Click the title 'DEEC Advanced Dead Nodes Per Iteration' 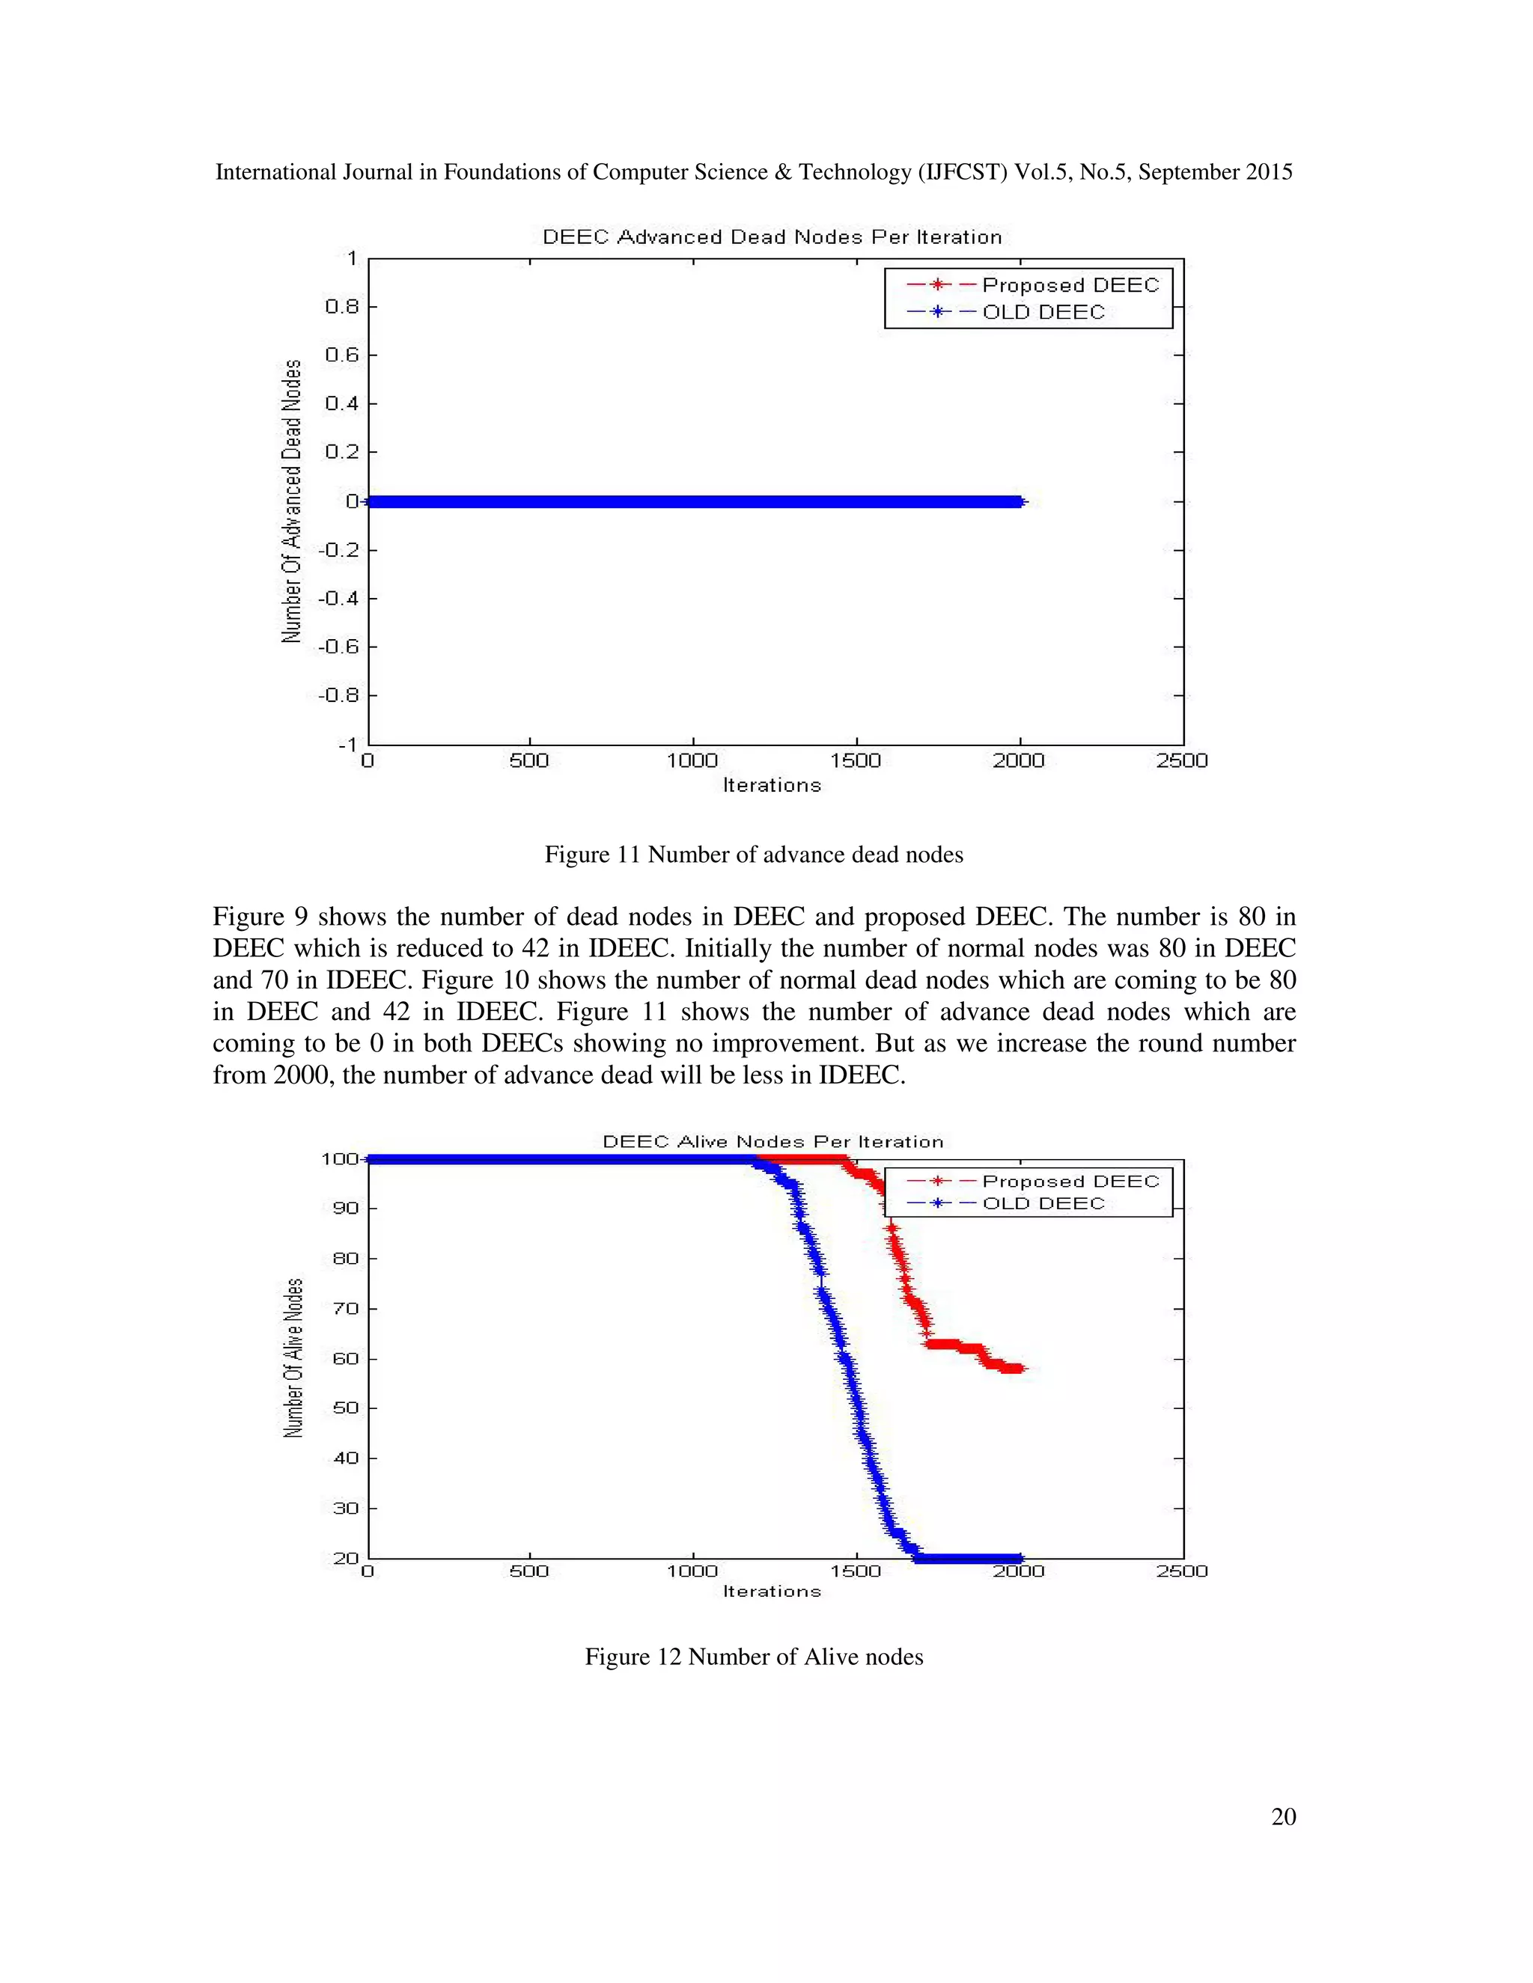[x=772, y=237]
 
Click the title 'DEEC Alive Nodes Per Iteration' [x=772, y=1141]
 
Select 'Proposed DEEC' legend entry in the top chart [x=1070, y=285]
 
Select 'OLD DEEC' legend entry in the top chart [x=1043, y=312]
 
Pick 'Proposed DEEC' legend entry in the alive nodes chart [x=1070, y=1182]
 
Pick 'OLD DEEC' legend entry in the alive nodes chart [x=1043, y=1204]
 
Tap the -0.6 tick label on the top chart [x=337, y=647]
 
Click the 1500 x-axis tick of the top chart [x=856, y=761]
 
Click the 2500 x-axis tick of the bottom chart [x=1181, y=1571]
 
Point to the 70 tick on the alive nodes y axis [x=345, y=1308]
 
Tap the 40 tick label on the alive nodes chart [x=345, y=1458]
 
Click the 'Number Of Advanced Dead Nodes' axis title [x=291, y=501]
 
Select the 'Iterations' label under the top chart [x=772, y=786]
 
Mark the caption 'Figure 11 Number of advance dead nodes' [x=754, y=855]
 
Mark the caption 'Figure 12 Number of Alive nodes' [x=754, y=1657]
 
